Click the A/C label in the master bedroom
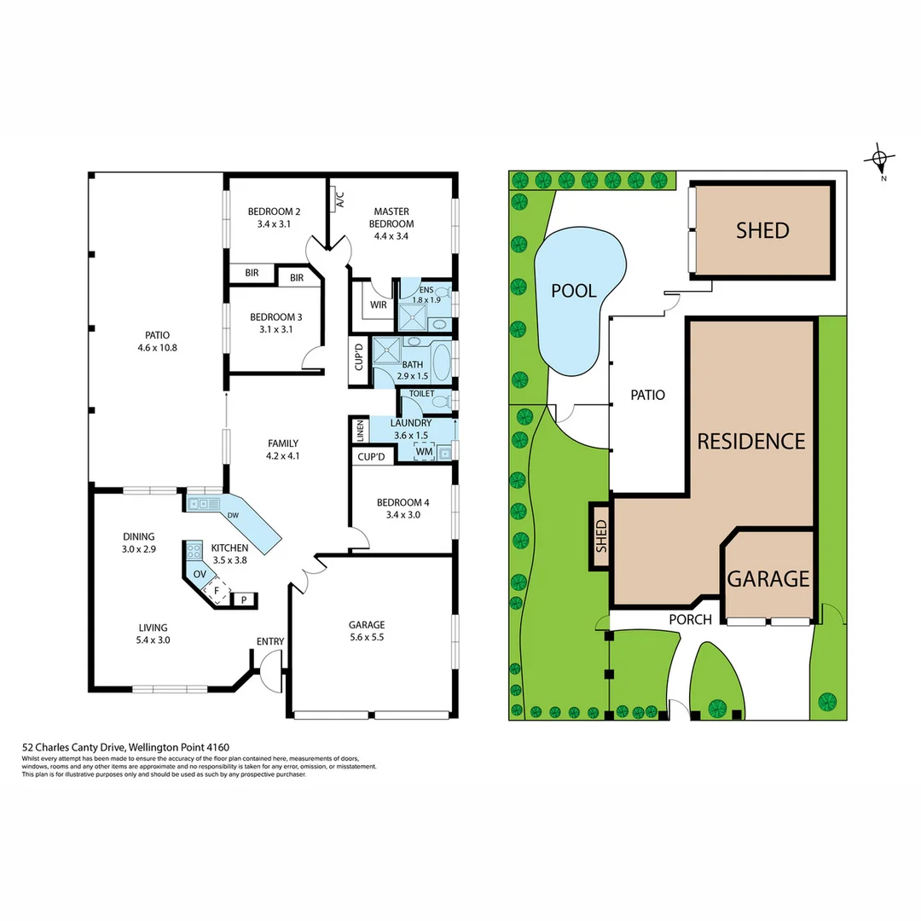339,201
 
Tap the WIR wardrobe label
379,304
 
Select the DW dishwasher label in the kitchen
233,516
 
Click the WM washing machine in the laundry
424,451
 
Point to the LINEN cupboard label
360,432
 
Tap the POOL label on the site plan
573,290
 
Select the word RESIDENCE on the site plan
750,441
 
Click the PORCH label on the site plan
690,619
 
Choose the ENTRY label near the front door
270,642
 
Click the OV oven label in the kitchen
200,574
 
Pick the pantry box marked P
245,600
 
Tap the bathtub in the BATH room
443,362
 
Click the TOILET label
422,394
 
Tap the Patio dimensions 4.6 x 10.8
158,348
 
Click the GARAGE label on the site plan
767,579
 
